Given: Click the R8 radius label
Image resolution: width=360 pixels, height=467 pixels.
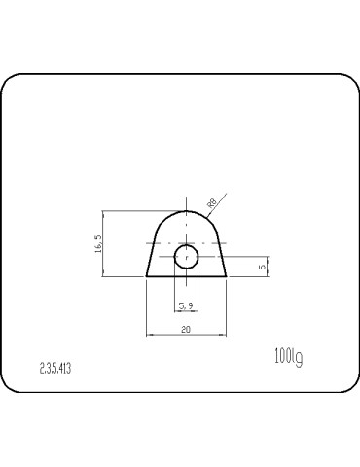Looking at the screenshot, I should [x=210, y=203].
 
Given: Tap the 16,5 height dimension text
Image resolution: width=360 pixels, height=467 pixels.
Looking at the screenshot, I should [x=96, y=243].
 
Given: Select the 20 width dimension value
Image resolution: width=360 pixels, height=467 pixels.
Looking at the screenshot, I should [x=186, y=330].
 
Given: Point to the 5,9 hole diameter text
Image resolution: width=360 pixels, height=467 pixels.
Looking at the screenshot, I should [x=186, y=305].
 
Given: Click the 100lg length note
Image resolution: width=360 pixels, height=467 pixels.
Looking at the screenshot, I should [x=289, y=358].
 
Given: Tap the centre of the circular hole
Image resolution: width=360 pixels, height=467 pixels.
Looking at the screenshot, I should [x=186, y=258].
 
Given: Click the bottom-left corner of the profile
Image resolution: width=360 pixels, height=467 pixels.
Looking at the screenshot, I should [x=147, y=276].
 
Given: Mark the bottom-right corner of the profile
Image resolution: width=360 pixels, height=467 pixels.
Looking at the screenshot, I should [x=226, y=276].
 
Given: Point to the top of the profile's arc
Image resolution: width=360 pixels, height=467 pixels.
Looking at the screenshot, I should [x=186, y=210].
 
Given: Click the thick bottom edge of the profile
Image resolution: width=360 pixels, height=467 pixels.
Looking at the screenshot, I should [x=186, y=276].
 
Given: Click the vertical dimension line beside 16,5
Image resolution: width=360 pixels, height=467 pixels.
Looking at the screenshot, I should [x=103, y=243].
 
